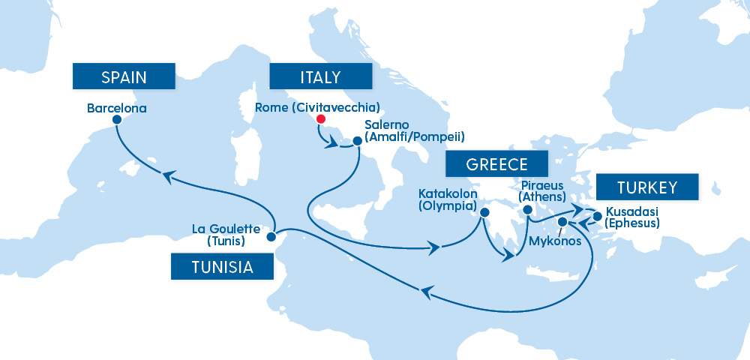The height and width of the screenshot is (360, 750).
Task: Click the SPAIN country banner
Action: (x=123, y=76)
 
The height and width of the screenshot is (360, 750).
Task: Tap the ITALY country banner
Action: (x=320, y=76)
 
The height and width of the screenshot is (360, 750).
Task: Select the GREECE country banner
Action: (x=496, y=165)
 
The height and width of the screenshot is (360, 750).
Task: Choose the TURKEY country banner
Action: (x=647, y=187)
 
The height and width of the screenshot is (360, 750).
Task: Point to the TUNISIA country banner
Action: (x=222, y=266)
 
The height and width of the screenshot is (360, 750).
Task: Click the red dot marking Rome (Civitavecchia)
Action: (x=321, y=119)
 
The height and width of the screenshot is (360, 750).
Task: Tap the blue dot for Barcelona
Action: (x=116, y=120)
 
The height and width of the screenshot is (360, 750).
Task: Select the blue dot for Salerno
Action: (x=357, y=140)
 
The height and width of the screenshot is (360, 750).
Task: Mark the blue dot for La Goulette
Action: (x=271, y=235)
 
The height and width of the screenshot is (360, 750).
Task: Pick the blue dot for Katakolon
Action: (x=484, y=213)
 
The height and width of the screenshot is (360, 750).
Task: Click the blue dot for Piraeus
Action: (x=527, y=210)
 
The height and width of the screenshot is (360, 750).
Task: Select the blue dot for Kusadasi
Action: (x=598, y=217)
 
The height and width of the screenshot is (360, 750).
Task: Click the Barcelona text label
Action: (x=117, y=108)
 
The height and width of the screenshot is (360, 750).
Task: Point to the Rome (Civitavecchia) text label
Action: (x=317, y=107)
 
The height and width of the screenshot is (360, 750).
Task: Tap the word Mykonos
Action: (x=556, y=241)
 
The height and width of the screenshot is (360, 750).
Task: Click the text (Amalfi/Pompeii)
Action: (x=415, y=136)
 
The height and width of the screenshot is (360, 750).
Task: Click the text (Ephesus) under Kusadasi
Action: (x=632, y=223)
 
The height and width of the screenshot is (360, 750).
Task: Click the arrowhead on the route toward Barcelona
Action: (x=169, y=175)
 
